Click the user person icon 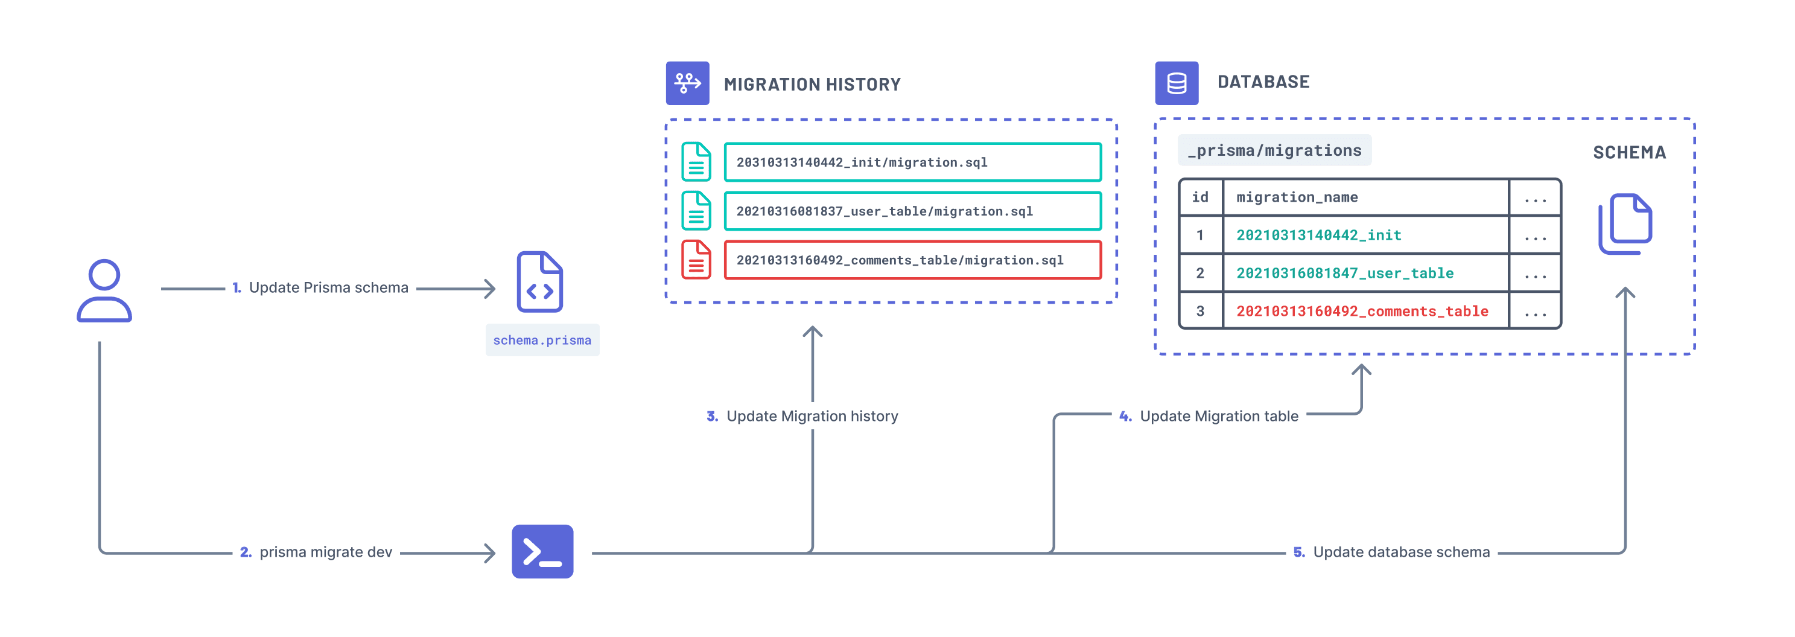[x=104, y=290]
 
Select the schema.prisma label [x=542, y=340]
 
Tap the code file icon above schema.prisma [x=540, y=282]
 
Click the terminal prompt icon [x=542, y=551]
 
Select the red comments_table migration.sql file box [x=912, y=260]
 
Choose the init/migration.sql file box [x=912, y=162]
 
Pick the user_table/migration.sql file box [x=912, y=211]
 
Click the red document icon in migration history [x=696, y=260]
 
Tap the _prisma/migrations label [x=1274, y=150]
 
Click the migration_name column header [x=1297, y=197]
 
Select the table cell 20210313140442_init [x=1318, y=235]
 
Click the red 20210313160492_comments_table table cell [x=1362, y=312]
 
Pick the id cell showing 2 [x=1200, y=273]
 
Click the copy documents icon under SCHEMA [x=1625, y=225]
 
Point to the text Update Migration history [x=812, y=416]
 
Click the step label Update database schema [x=1400, y=552]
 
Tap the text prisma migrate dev [x=325, y=552]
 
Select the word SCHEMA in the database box [x=1629, y=153]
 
